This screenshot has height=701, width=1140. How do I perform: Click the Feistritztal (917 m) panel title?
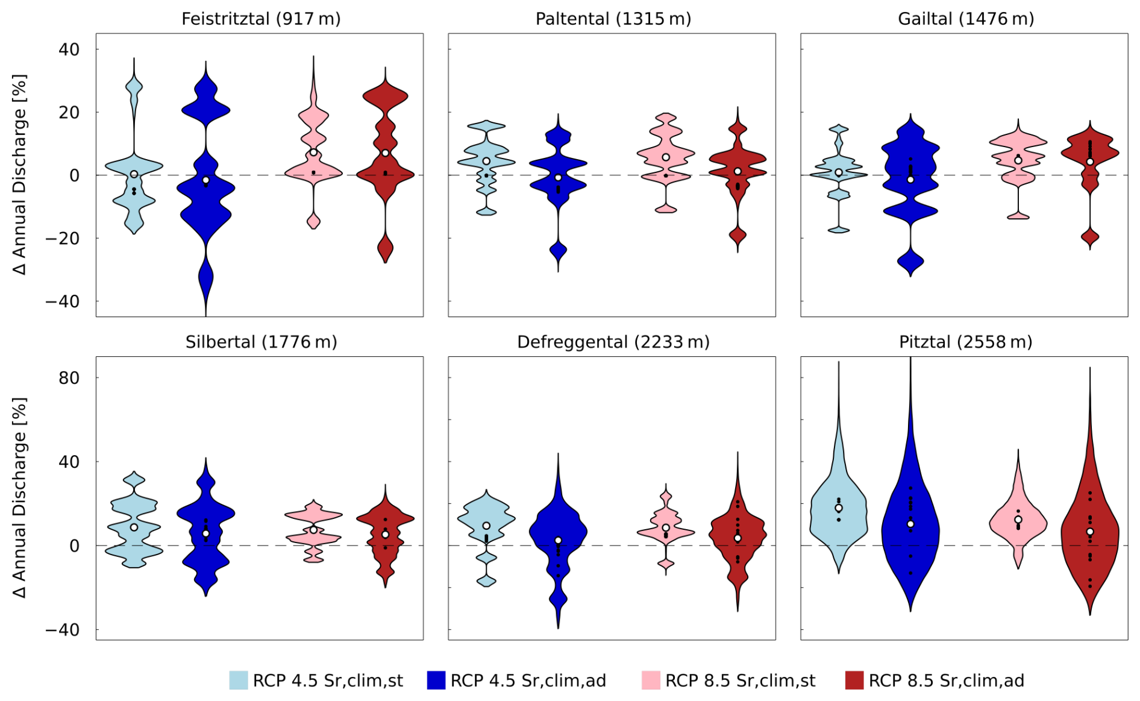(261, 19)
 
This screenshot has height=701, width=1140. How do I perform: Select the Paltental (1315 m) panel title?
(613, 19)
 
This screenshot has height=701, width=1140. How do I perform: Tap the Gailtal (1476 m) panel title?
(965, 19)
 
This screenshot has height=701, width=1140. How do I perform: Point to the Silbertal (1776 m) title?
(261, 342)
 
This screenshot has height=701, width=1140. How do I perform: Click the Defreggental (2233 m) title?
(613, 342)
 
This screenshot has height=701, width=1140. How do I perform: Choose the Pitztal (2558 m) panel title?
(965, 342)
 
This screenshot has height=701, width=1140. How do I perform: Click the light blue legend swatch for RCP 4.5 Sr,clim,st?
(239, 680)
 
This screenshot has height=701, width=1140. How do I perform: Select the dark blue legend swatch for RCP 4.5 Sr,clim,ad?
(436, 680)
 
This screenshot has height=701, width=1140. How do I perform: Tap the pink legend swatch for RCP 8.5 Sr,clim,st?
(651, 680)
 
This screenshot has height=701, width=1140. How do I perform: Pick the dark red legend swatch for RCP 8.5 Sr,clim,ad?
(854, 680)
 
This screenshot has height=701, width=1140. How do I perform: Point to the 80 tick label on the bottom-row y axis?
(69, 378)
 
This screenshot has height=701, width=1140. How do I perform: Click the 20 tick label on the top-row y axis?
(69, 112)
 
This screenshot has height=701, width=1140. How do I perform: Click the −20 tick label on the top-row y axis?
(63, 238)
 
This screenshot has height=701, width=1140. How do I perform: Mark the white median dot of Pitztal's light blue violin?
(838, 508)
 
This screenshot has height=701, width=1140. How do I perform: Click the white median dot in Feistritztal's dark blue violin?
(206, 180)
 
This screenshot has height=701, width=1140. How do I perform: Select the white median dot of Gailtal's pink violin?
(1018, 160)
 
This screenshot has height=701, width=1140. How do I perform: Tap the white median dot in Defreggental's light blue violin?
(486, 526)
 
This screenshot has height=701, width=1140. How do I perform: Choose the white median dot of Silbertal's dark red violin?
(385, 535)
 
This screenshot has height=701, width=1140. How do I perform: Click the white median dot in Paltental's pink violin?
(666, 157)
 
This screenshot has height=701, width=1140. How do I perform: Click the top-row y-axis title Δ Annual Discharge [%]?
(20, 174)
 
